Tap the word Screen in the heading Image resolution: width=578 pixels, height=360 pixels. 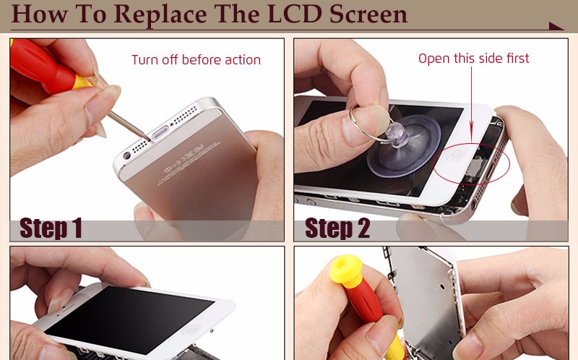click(x=368, y=14)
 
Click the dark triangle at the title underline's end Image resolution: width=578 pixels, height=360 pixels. click(x=556, y=26)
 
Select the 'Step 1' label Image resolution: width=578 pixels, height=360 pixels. click(x=51, y=228)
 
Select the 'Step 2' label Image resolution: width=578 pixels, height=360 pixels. click(x=337, y=228)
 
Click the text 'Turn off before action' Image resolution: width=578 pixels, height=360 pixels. click(x=196, y=60)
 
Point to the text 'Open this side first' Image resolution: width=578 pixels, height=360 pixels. click(x=474, y=59)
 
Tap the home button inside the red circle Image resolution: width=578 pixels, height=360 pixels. click(x=457, y=153)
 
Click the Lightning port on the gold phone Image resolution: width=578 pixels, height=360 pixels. click(x=160, y=132)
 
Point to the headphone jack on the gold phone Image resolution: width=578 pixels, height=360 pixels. click(x=127, y=155)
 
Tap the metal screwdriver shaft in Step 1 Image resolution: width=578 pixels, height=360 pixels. click(x=130, y=126)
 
